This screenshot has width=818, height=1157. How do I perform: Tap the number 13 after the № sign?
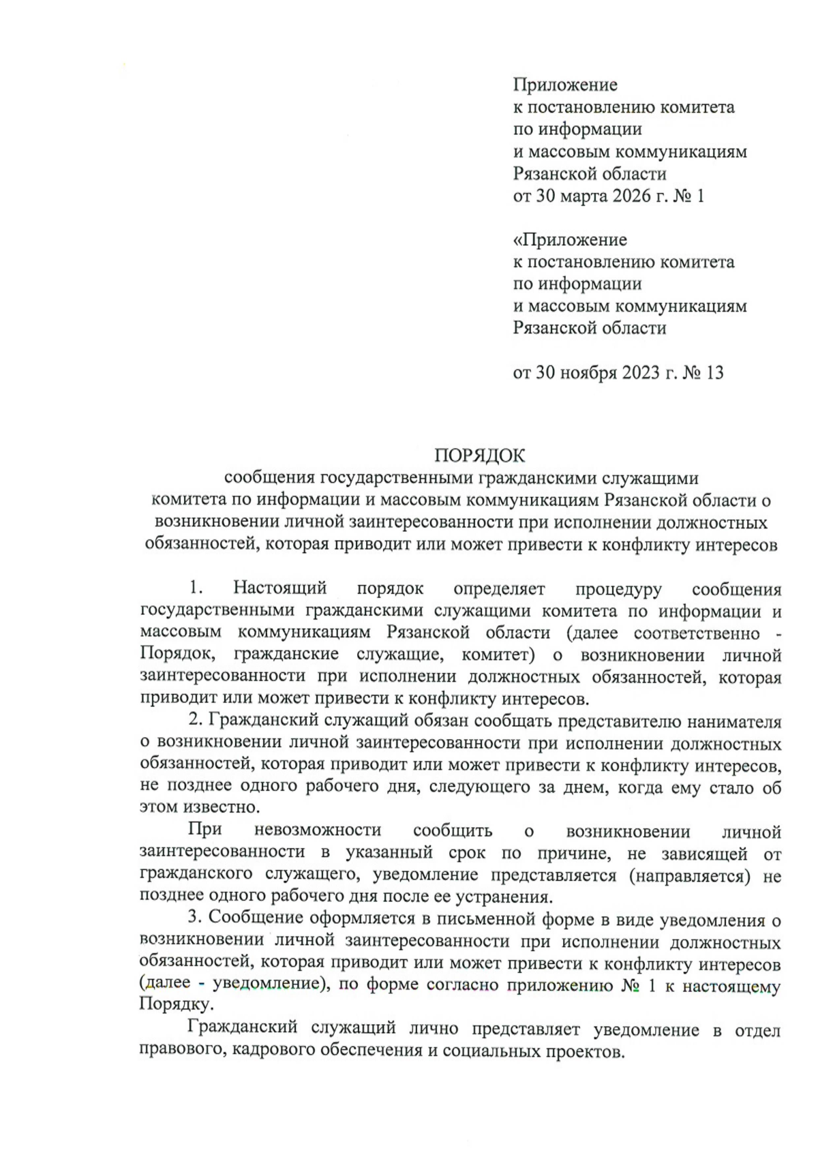[x=714, y=373]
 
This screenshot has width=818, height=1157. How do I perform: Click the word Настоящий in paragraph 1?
[x=279, y=588]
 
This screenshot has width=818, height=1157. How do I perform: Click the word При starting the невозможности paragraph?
[x=203, y=831]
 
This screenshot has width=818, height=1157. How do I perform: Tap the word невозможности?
[x=317, y=831]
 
